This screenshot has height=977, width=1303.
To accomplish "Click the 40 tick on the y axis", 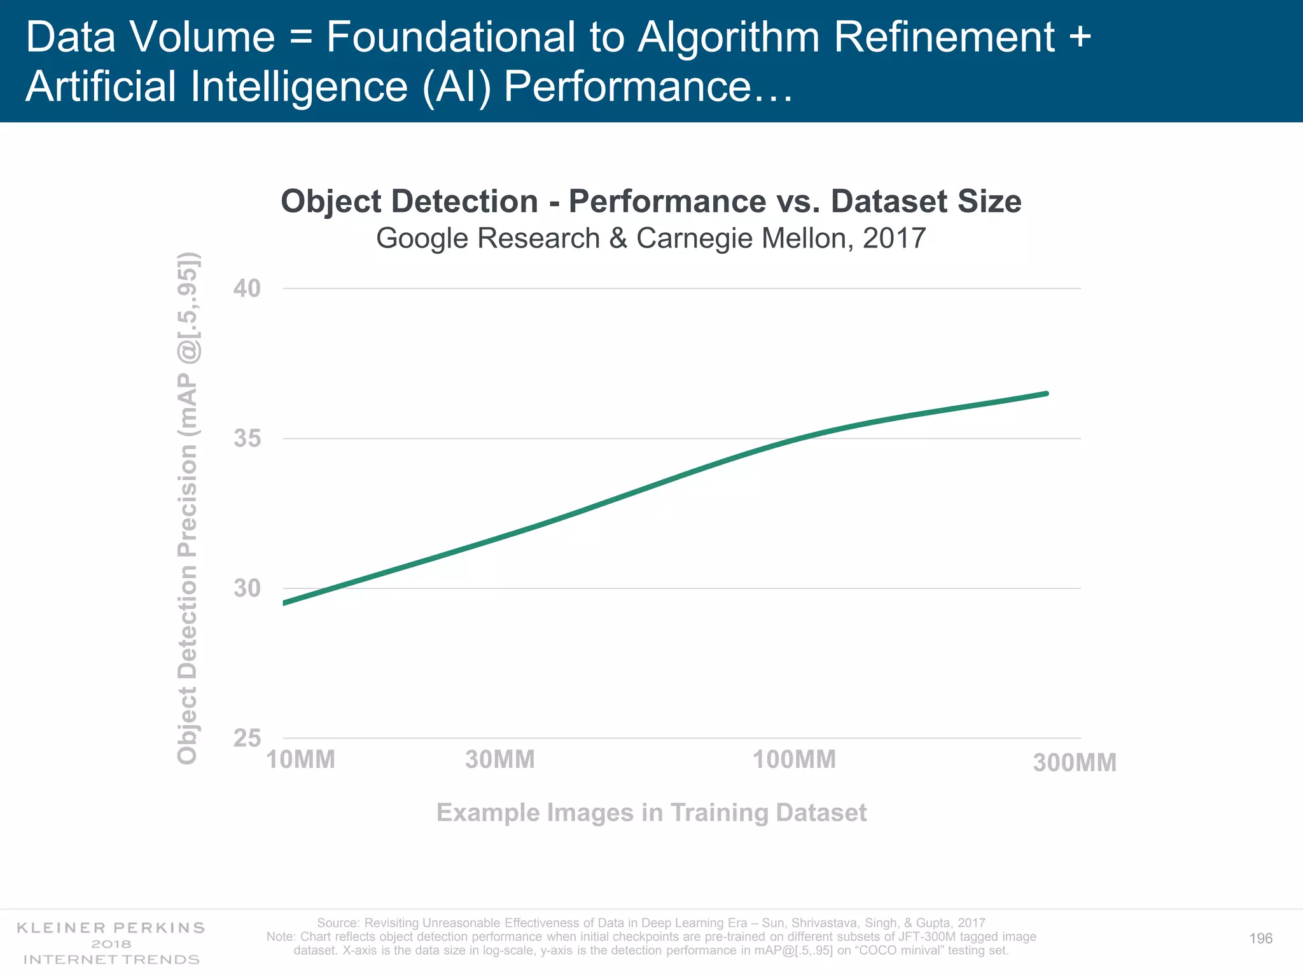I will pos(247,289).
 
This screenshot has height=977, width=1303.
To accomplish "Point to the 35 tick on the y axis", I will pos(247,439).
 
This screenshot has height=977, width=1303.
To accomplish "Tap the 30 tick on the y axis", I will pos(247,588).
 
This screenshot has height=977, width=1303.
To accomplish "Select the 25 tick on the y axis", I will pos(247,738).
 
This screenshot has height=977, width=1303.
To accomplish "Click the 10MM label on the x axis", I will pos(300,759).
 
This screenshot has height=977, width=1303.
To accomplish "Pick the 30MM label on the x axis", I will pos(500,759).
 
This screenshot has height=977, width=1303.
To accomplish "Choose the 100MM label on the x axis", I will pos(794,759).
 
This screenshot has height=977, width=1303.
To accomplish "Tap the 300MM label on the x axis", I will pos(1075,763).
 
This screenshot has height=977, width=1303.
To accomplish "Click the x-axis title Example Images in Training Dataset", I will pos(651,813).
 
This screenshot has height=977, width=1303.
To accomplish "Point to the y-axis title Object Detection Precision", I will pos(188,509).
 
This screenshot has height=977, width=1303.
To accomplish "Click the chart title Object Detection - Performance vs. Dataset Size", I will pos(651,202).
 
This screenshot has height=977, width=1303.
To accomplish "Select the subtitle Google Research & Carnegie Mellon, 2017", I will pos(651,239).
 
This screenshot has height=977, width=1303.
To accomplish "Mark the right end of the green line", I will pos(1047,394).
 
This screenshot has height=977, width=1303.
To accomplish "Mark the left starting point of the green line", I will pos(284,603).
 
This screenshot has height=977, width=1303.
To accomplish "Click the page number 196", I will pos(1261,939).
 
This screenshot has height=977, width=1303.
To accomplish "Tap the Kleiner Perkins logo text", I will pos(111,928).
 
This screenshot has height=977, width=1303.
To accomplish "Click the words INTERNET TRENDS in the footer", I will pos(111,959).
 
